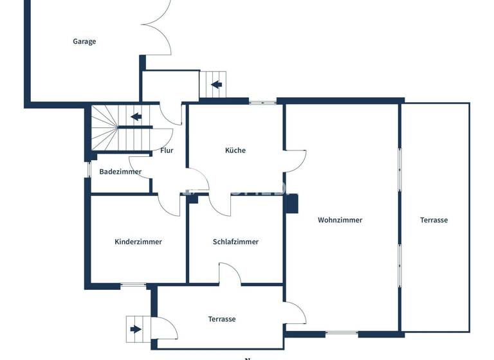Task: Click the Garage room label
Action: [x=84, y=42]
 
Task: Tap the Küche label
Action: [x=235, y=150]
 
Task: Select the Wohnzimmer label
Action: [x=340, y=220]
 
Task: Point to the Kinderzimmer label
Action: [x=138, y=242]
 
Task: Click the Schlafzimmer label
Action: [x=235, y=242]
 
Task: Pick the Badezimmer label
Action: [x=120, y=172]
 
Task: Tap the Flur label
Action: [x=167, y=150]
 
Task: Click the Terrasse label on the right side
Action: [x=434, y=220]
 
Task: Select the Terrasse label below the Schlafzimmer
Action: [x=222, y=319]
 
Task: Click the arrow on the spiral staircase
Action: [x=136, y=117]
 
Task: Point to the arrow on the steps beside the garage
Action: [x=216, y=84]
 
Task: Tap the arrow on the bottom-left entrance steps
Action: [x=135, y=330]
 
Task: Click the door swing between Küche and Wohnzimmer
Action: [x=296, y=161]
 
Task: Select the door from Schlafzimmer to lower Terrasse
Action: [x=230, y=274]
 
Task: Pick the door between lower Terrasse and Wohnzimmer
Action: [x=296, y=314]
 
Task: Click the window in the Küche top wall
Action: [x=262, y=101]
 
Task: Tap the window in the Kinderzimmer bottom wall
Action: [x=134, y=285]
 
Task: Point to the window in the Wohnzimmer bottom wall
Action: [x=342, y=333]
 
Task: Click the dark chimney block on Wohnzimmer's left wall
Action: [x=293, y=203]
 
